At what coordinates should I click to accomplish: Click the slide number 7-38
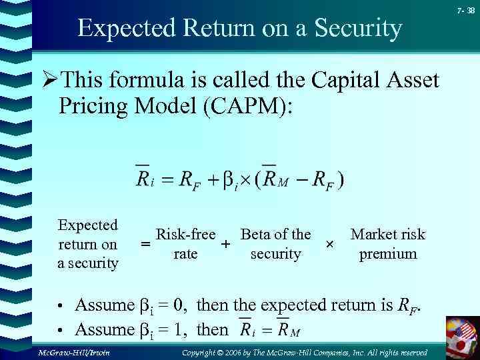click(466, 10)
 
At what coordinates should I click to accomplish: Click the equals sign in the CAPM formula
click(166, 179)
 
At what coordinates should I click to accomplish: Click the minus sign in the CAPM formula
click(305, 179)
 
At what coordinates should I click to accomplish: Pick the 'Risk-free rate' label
click(185, 244)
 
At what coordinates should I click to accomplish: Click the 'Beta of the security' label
click(275, 244)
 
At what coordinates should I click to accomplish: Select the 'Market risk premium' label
click(387, 244)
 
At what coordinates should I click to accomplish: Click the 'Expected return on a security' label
click(87, 244)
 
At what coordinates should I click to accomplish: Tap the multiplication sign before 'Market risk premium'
click(329, 245)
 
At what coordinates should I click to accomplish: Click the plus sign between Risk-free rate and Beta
click(226, 245)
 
